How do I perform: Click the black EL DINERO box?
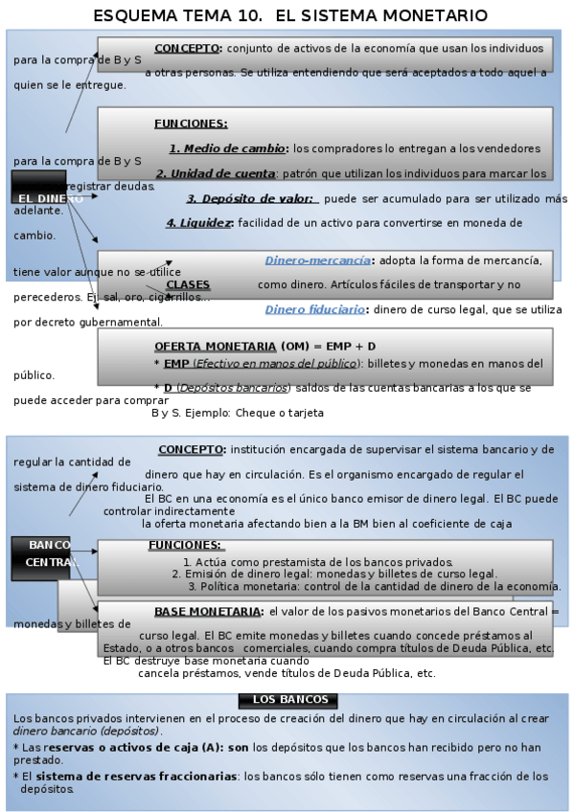coord(39,188)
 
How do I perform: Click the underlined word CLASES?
coord(188,285)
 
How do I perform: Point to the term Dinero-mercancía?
coord(317,260)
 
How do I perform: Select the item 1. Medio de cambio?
coord(228,148)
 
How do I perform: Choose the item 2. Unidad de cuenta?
coord(216,173)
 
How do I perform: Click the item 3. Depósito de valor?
coord(251,198)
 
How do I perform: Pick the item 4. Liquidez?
coord(199,223)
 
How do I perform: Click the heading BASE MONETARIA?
coord(208,611)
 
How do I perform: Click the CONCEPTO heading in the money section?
coord(188,48)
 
